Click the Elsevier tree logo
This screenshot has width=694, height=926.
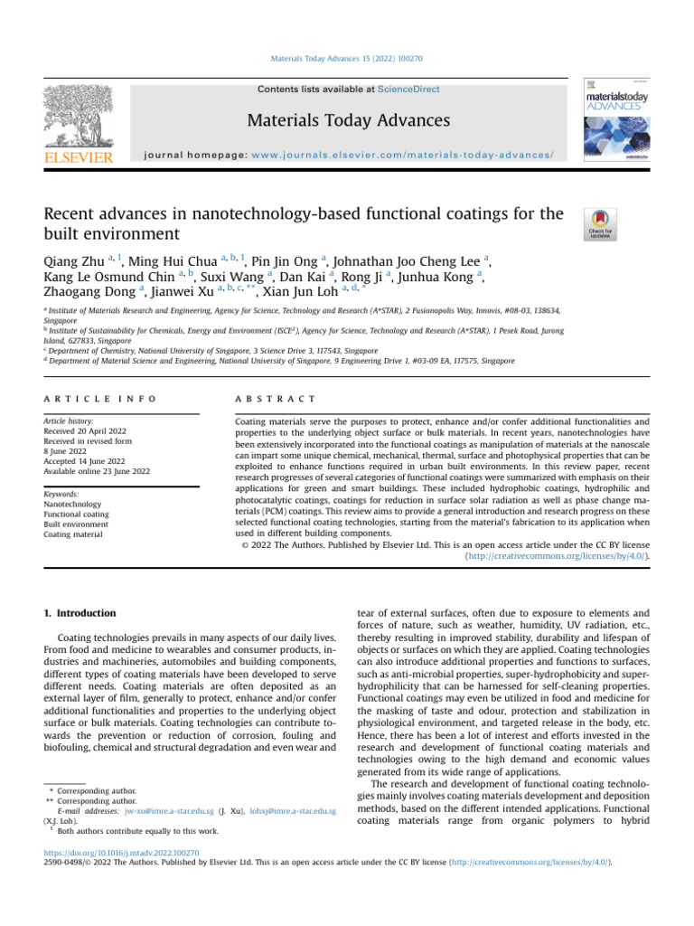click(x=78, y=117)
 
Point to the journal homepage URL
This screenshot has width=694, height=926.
click(x=403, y=155)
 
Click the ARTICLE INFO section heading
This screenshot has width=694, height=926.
click(x=99, y=399)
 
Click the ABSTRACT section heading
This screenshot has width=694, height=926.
click(x=275, y=399)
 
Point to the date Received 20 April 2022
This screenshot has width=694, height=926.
click(x=85, y=431)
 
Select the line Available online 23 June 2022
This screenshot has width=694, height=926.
click(x=97, y=471)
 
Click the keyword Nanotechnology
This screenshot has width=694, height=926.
click(x=72, y=505)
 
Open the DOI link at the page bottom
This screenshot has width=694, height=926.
click(x=121, y=852)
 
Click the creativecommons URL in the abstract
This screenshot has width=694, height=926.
click(x=557, y=558)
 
